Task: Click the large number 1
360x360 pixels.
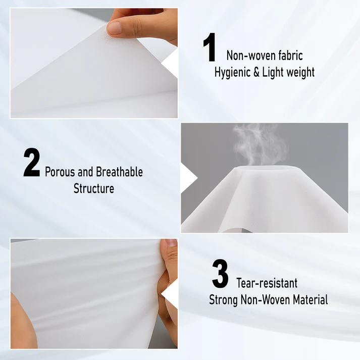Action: coord(210,47)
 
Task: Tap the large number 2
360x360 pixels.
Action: coord(32,162)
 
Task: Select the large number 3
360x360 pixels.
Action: coord(220,274)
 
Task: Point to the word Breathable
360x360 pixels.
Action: coord(119,172)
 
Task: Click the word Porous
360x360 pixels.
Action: coord(60,172)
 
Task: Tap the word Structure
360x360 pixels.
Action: coord(94,188)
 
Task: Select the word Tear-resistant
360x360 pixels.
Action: coord(267,283)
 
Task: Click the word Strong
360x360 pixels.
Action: coord(223,300)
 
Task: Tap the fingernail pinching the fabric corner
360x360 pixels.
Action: coord(114,28)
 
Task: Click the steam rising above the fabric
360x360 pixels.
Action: coord(260,144)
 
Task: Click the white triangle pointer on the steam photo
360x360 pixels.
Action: coord(189,178)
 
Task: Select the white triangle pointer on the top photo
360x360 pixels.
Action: coord(170,63)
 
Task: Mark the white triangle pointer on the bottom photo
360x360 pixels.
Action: coord(170,294)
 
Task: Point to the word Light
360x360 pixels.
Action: coord(273,73)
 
